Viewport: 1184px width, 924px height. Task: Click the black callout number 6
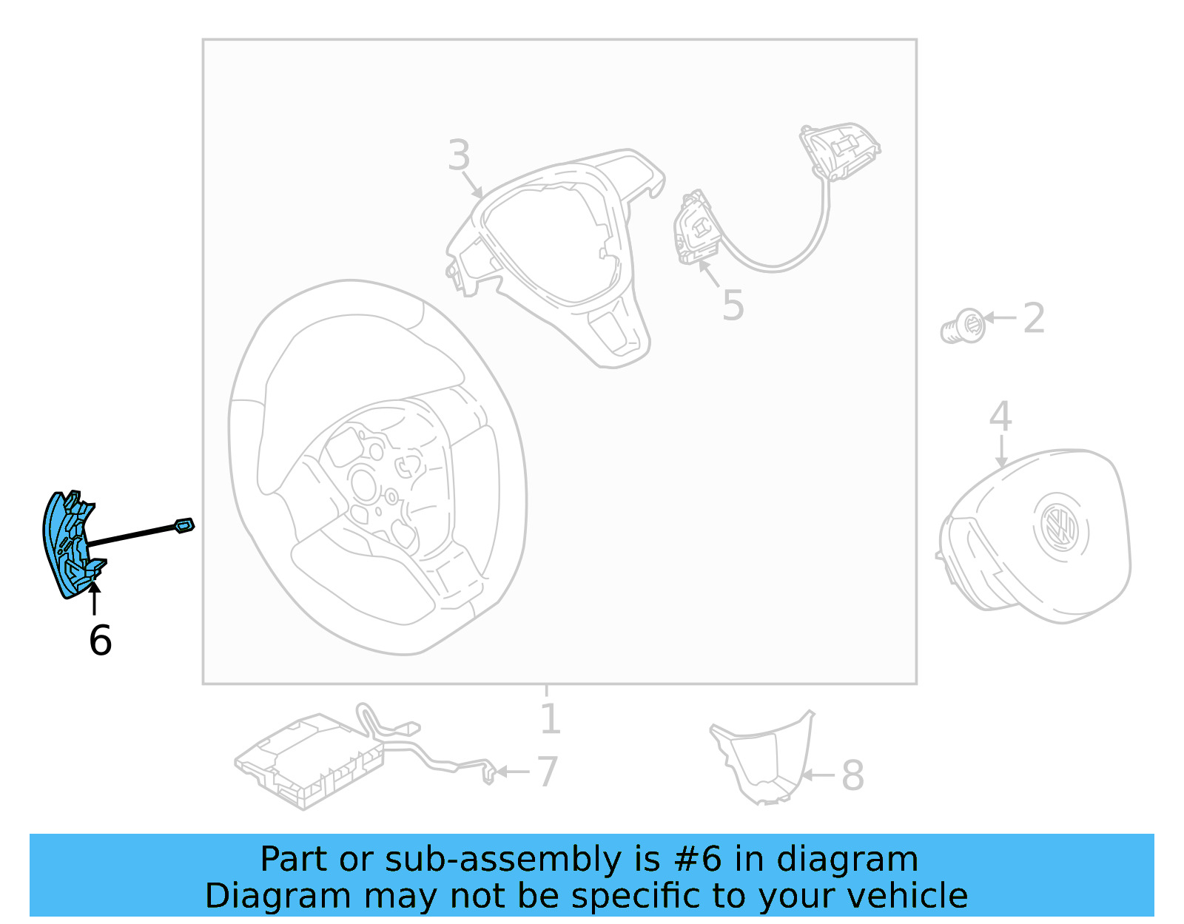(x=100, y=640)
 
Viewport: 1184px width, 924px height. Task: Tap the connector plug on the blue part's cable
(x=184, y=525)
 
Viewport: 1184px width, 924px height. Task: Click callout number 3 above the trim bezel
(x=459, y=155)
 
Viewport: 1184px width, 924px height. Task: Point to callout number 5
(x=733, y=306)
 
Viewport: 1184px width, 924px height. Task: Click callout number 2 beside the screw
(x=1034, y=318)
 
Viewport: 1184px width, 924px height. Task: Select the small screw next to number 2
(x=963, y=327)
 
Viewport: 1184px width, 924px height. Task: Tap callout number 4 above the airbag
(x=1000, y=417)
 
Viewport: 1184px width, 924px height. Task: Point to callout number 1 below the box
(x=549, y=719)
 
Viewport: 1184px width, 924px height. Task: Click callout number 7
(x=547, y=772)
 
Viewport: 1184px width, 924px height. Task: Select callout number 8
(x=852, y=775)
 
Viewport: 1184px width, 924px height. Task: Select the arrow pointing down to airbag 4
(x=1001, y=451)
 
